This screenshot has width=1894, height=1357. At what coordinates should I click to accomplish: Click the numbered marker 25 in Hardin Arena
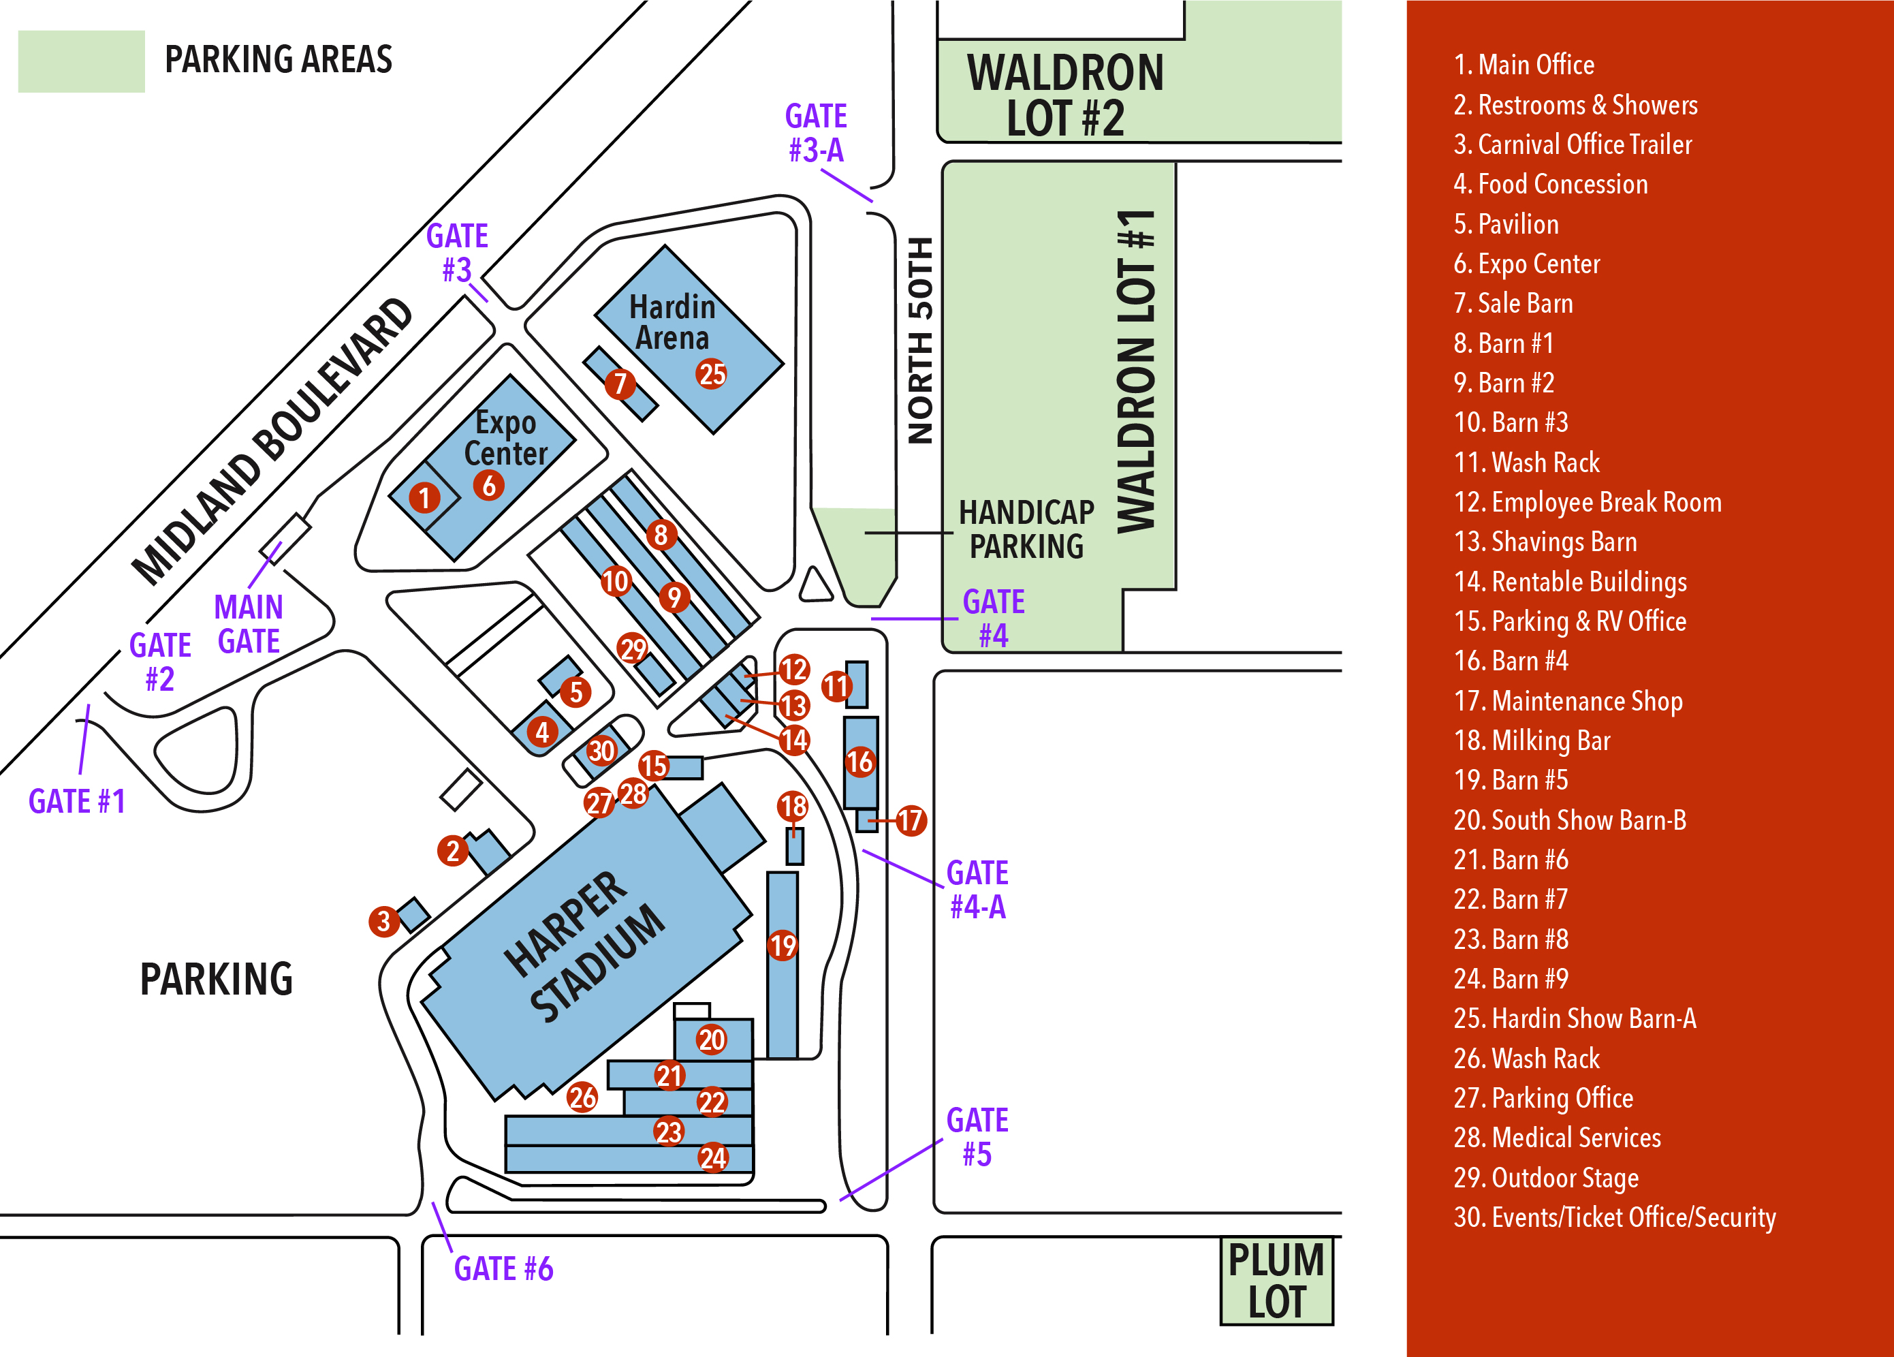[x=712, y=374]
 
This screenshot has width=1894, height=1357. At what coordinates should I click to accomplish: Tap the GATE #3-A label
[x=816, y=134]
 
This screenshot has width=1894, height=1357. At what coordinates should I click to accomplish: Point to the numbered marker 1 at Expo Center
[x=424, y=498]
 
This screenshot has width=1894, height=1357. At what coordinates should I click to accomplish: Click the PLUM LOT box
[x=1276, y=1281]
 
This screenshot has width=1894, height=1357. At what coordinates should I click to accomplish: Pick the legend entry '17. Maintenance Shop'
[x=1568, y=700]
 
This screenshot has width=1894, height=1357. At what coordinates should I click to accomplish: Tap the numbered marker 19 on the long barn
[x=783, y=946]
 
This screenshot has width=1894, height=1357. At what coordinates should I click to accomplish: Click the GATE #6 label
[x=503, y=1268]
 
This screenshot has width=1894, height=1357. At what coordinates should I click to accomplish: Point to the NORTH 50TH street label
[x=919, y=341]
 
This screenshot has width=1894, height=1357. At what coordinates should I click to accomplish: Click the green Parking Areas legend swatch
[x=81, y=61]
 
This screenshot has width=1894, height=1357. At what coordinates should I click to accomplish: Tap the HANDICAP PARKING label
[x=1026, y=529]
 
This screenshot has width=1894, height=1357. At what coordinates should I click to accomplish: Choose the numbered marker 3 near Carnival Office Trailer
[x=383, y=921]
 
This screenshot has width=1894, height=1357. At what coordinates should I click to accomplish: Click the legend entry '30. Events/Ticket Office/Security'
[x=1614, y=1217]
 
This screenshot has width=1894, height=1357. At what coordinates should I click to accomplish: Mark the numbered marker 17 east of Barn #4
[x=911, y=820]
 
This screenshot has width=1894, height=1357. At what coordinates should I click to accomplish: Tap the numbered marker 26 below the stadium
[x=582, y=1097]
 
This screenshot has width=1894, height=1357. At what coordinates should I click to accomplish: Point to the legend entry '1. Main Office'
[x=1524, y=64]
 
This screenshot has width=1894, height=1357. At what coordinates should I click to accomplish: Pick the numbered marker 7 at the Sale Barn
[x=620, y=384]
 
